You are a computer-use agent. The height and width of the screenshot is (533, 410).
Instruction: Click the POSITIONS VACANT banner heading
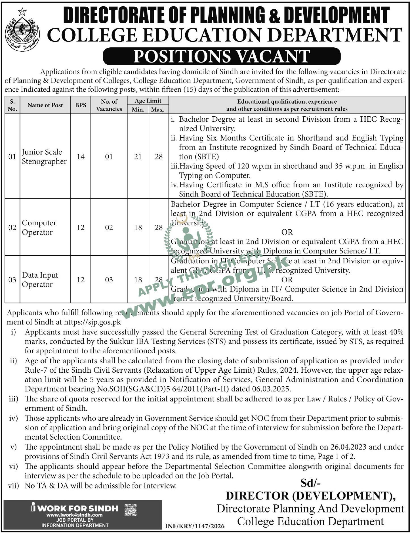coord(222,56)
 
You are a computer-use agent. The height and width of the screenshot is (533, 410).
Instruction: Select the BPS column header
coord(81,105)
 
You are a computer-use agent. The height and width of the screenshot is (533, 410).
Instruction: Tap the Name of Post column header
coord(45,105)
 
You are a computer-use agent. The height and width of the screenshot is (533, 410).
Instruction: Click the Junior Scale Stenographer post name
coord(44,156)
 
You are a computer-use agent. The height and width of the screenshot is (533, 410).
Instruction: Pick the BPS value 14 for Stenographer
coord(81,156)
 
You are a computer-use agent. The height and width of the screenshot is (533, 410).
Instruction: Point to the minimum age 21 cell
coord(138,156)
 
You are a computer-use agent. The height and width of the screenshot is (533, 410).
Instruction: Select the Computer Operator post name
coord(39,227)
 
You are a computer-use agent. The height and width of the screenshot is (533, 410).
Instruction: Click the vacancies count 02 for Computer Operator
coord(109,227)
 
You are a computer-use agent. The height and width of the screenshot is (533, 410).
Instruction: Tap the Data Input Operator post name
coord(40,280)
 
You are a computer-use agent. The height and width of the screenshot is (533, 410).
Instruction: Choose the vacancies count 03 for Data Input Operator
coord(109,280)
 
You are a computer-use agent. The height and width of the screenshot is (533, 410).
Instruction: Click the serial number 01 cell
coord(12,156)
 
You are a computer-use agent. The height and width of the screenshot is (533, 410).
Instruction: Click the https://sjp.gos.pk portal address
coord(92,322)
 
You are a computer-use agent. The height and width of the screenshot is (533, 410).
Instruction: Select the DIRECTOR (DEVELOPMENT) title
coord(310,496)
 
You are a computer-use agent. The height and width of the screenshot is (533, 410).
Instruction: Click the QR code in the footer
coord(131,510)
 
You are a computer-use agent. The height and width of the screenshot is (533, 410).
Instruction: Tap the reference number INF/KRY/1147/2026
coord(195,526)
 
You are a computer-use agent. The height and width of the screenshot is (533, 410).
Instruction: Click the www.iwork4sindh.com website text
coord(74,515)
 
